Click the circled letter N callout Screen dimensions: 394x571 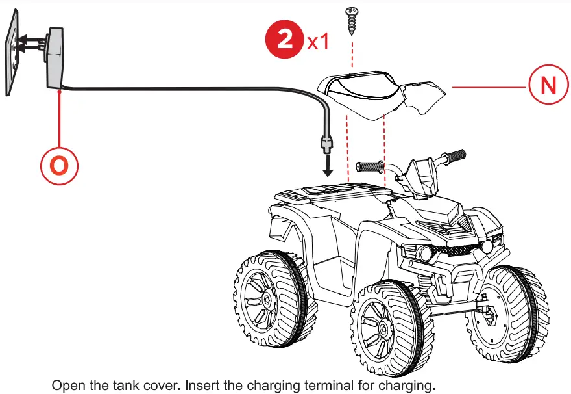[547, 86]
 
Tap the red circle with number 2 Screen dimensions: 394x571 [284, 41]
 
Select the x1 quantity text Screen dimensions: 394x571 [318, 42]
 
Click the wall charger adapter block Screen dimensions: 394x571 [56, 59]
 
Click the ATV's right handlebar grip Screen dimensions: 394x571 [454, 155]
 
